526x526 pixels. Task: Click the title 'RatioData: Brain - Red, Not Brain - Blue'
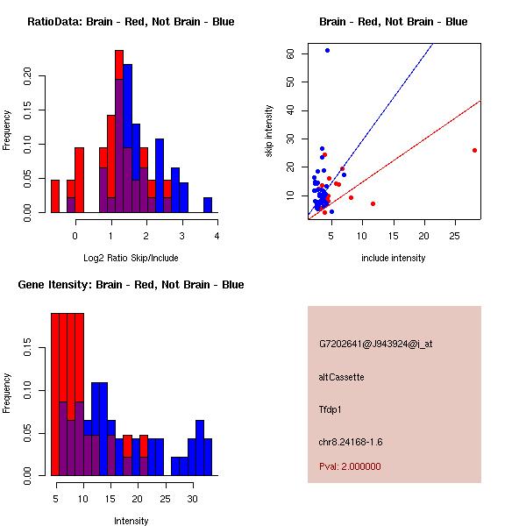click(x=131, y=22)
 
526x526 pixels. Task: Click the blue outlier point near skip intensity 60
click(x=327, y=51)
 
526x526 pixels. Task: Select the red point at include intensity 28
click(x=474, y=150)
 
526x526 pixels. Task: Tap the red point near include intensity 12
click(x=373, y=203)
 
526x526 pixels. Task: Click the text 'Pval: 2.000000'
click(x=350, y=466)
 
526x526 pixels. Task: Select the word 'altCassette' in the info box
click(x=342, y=377)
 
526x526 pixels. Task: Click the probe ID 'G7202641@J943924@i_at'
click(x=375, y=344)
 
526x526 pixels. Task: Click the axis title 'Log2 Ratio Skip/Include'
click(x=131, y=258)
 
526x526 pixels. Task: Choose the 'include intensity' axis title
click(x=393, y=258)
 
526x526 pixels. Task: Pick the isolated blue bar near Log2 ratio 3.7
click(x=208, y=205)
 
